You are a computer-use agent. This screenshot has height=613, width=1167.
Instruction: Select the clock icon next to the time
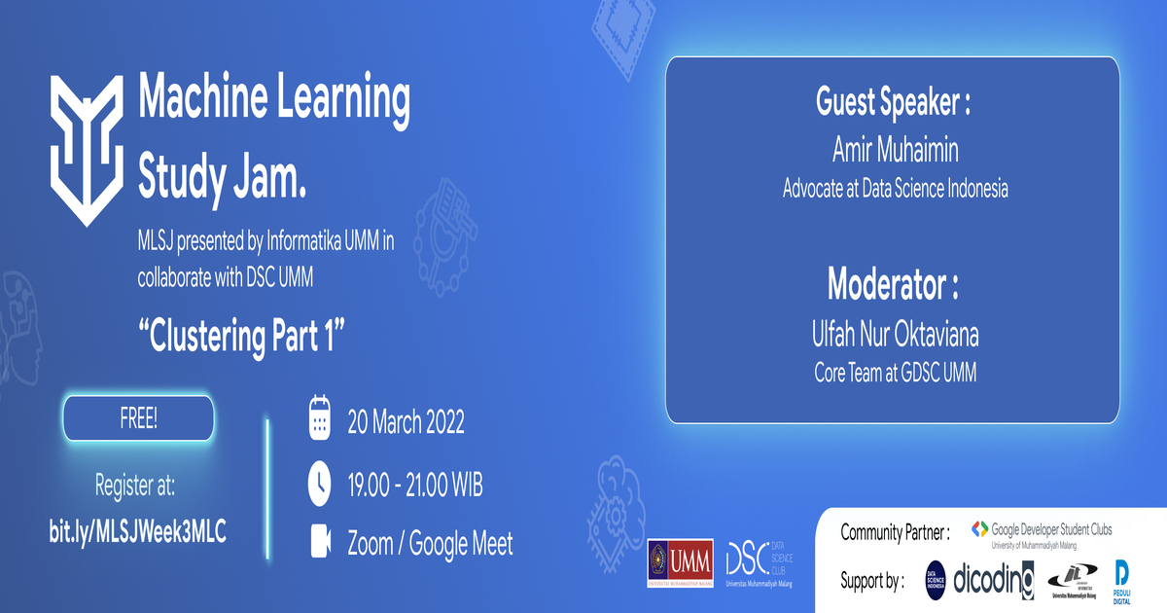point(320,483)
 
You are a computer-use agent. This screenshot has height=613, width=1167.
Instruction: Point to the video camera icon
point(320,543)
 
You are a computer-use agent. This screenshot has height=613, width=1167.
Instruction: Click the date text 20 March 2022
point(407,422)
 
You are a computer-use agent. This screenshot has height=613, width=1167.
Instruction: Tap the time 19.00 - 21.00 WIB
point(415,484)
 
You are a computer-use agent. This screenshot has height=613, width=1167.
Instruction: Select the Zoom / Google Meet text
point(430,544)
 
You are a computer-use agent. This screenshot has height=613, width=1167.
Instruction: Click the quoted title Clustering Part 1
point(242,337)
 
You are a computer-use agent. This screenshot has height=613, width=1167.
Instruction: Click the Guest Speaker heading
point(893,102)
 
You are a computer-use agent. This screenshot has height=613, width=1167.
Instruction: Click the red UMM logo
point(680,563)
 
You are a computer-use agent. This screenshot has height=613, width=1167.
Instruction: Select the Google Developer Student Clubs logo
point(1042,532)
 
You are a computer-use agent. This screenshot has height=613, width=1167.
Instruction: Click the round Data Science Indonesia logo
point(936,580)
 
